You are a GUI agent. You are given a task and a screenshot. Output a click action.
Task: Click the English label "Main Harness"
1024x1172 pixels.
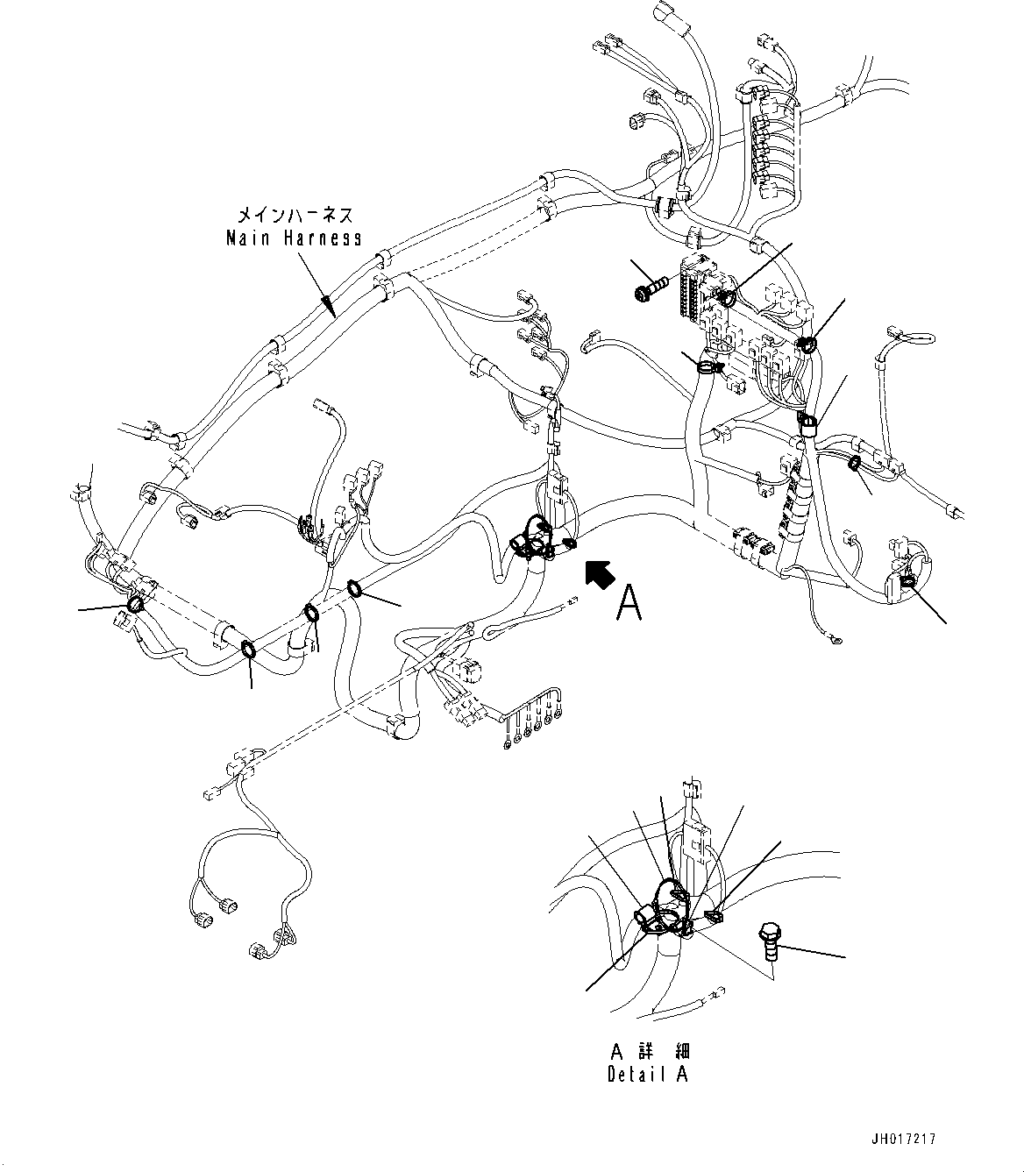pos(294,238)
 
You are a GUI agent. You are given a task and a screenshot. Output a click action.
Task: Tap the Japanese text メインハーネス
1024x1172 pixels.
pos(295,215)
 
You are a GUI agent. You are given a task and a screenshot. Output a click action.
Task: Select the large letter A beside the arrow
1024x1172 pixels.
pos(629,603)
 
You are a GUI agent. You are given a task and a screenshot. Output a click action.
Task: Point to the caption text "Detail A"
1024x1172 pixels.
pos(647,1075)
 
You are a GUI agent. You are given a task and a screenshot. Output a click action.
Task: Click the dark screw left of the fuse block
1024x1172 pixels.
pos(650,287)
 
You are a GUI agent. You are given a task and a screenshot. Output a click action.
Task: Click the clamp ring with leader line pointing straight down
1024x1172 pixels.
pos(248,648)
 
